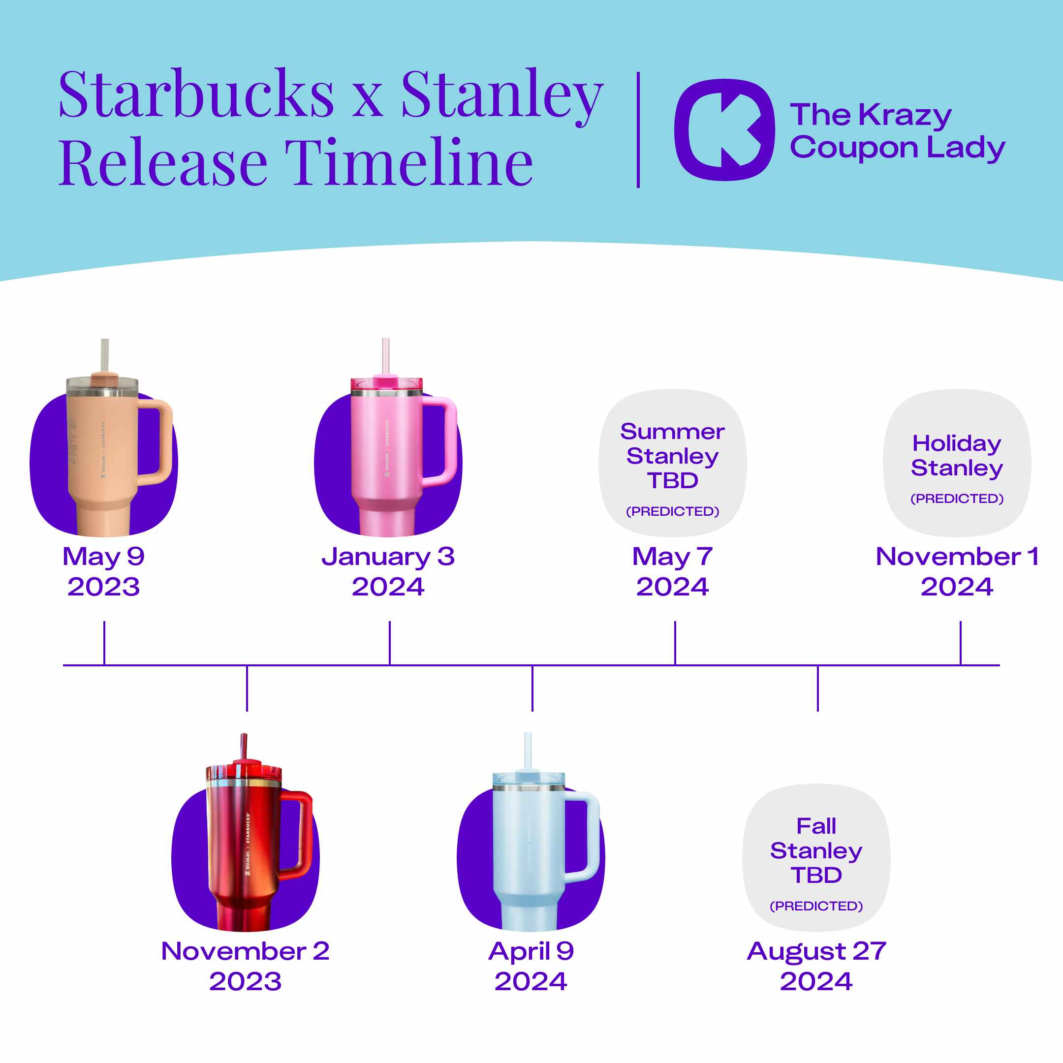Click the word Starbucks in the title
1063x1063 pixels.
[x=196, y=94]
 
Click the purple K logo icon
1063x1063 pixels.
[x=724, y=130]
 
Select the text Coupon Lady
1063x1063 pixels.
[x=897, y=148]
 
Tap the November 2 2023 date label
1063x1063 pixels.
[x=246, y=966]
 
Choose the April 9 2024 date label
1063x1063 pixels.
[x=531, y=966]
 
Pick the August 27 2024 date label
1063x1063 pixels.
[x=816, y=966]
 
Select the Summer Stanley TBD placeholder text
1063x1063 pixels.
[x=672, y=456]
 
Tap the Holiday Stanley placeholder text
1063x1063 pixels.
[x=957, y=456]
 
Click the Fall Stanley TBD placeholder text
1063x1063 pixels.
[x=816, y=850]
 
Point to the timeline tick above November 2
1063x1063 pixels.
[x=247, y=688]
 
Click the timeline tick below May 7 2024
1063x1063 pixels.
[x=675, y=643]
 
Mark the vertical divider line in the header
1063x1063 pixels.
[x=638, y=130]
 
